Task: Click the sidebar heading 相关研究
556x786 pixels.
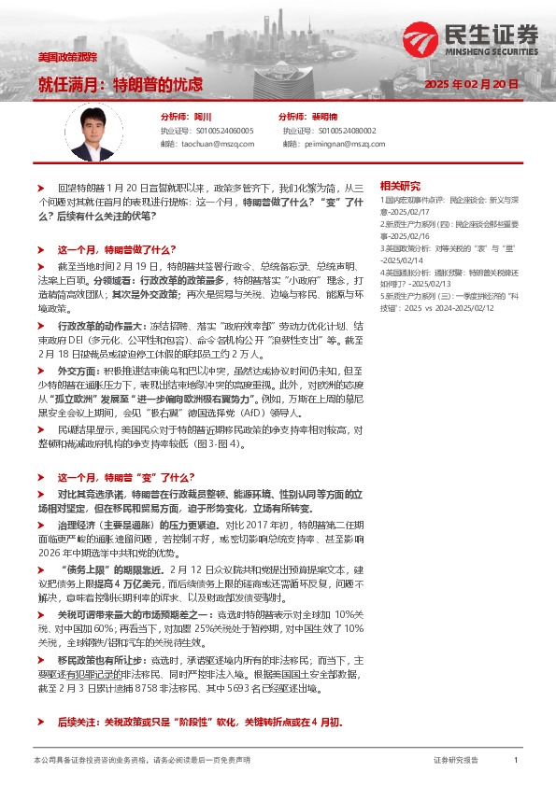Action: click(x=400, y=186)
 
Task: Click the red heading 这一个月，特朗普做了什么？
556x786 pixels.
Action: click(x=117, y=250)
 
